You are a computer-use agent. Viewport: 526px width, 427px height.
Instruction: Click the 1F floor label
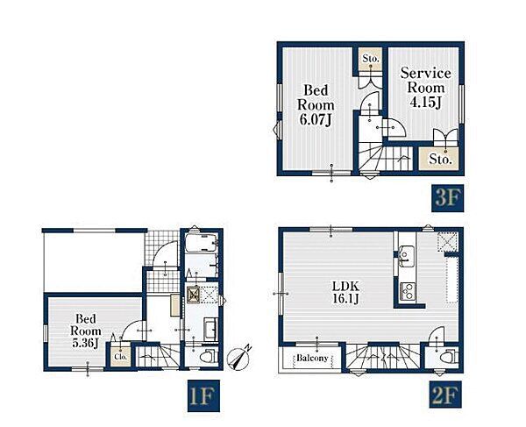[203, 395]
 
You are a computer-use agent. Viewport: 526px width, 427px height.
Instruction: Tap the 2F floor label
[445, 395]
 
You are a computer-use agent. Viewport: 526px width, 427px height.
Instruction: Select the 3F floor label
[447, 198]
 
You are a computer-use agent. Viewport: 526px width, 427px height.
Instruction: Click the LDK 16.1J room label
[345, 293]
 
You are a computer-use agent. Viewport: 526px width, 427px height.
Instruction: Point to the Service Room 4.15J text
[425, 88]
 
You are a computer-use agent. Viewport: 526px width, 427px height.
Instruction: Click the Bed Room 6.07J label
[316, 104]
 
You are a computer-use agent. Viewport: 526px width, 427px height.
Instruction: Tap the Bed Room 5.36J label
[86, 331]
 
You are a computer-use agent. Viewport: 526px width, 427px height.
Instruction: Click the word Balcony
[312, 358]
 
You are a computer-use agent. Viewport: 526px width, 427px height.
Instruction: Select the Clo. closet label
[120, 357]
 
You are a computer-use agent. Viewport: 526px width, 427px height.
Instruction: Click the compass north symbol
[238, 359]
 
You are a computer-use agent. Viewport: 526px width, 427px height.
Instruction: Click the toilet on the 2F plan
[449, 357]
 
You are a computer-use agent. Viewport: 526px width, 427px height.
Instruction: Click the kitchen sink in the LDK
[407, 256]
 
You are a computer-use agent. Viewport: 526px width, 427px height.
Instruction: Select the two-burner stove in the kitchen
[408, 291]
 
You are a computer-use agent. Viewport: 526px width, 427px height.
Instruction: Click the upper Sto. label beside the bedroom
[370, 59]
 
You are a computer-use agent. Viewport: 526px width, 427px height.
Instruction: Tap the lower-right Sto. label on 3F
[439, 159]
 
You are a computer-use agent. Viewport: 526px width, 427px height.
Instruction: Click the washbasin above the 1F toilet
[210, 329]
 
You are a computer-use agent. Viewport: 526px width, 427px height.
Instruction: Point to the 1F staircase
[157, 356]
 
